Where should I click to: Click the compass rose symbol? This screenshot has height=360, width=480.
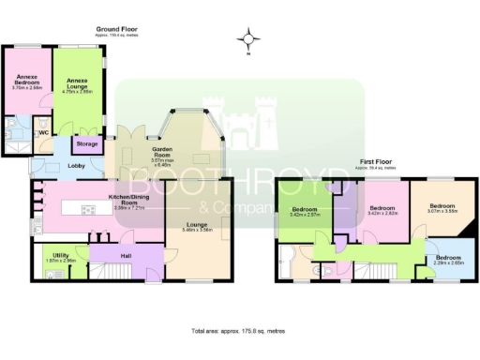click(x=247, y=38)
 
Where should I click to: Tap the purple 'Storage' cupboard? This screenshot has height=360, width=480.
click(x=87, y=144)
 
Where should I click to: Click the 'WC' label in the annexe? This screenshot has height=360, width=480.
click(x=42, y=132)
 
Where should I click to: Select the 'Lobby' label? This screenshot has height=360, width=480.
click(x=78, y=167)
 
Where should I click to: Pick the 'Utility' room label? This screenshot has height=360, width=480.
click(x=61, y=254)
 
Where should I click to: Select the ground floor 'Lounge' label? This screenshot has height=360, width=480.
click(x=196, y=225)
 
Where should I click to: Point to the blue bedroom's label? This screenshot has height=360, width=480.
click(x=448, y=258)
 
